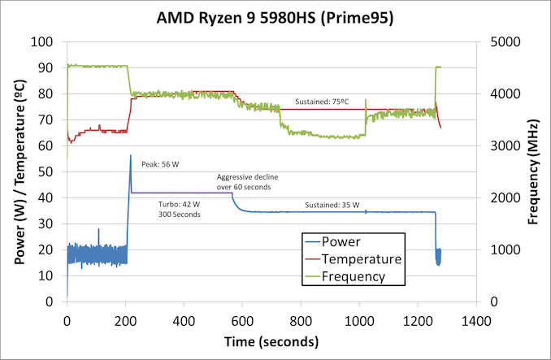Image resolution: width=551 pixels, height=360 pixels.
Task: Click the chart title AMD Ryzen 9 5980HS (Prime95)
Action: (275, 19)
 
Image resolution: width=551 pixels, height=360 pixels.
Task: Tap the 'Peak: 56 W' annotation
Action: (160, 164)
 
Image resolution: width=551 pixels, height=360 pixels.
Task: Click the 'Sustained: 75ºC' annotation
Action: (323, 102)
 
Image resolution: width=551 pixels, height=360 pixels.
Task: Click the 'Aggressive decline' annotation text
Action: (244, 177)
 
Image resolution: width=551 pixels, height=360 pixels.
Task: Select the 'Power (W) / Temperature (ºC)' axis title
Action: (17, 171)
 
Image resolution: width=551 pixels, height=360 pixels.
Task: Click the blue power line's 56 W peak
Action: (130, 156)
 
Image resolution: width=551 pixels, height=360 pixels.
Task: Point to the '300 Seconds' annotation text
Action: (179, 215)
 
